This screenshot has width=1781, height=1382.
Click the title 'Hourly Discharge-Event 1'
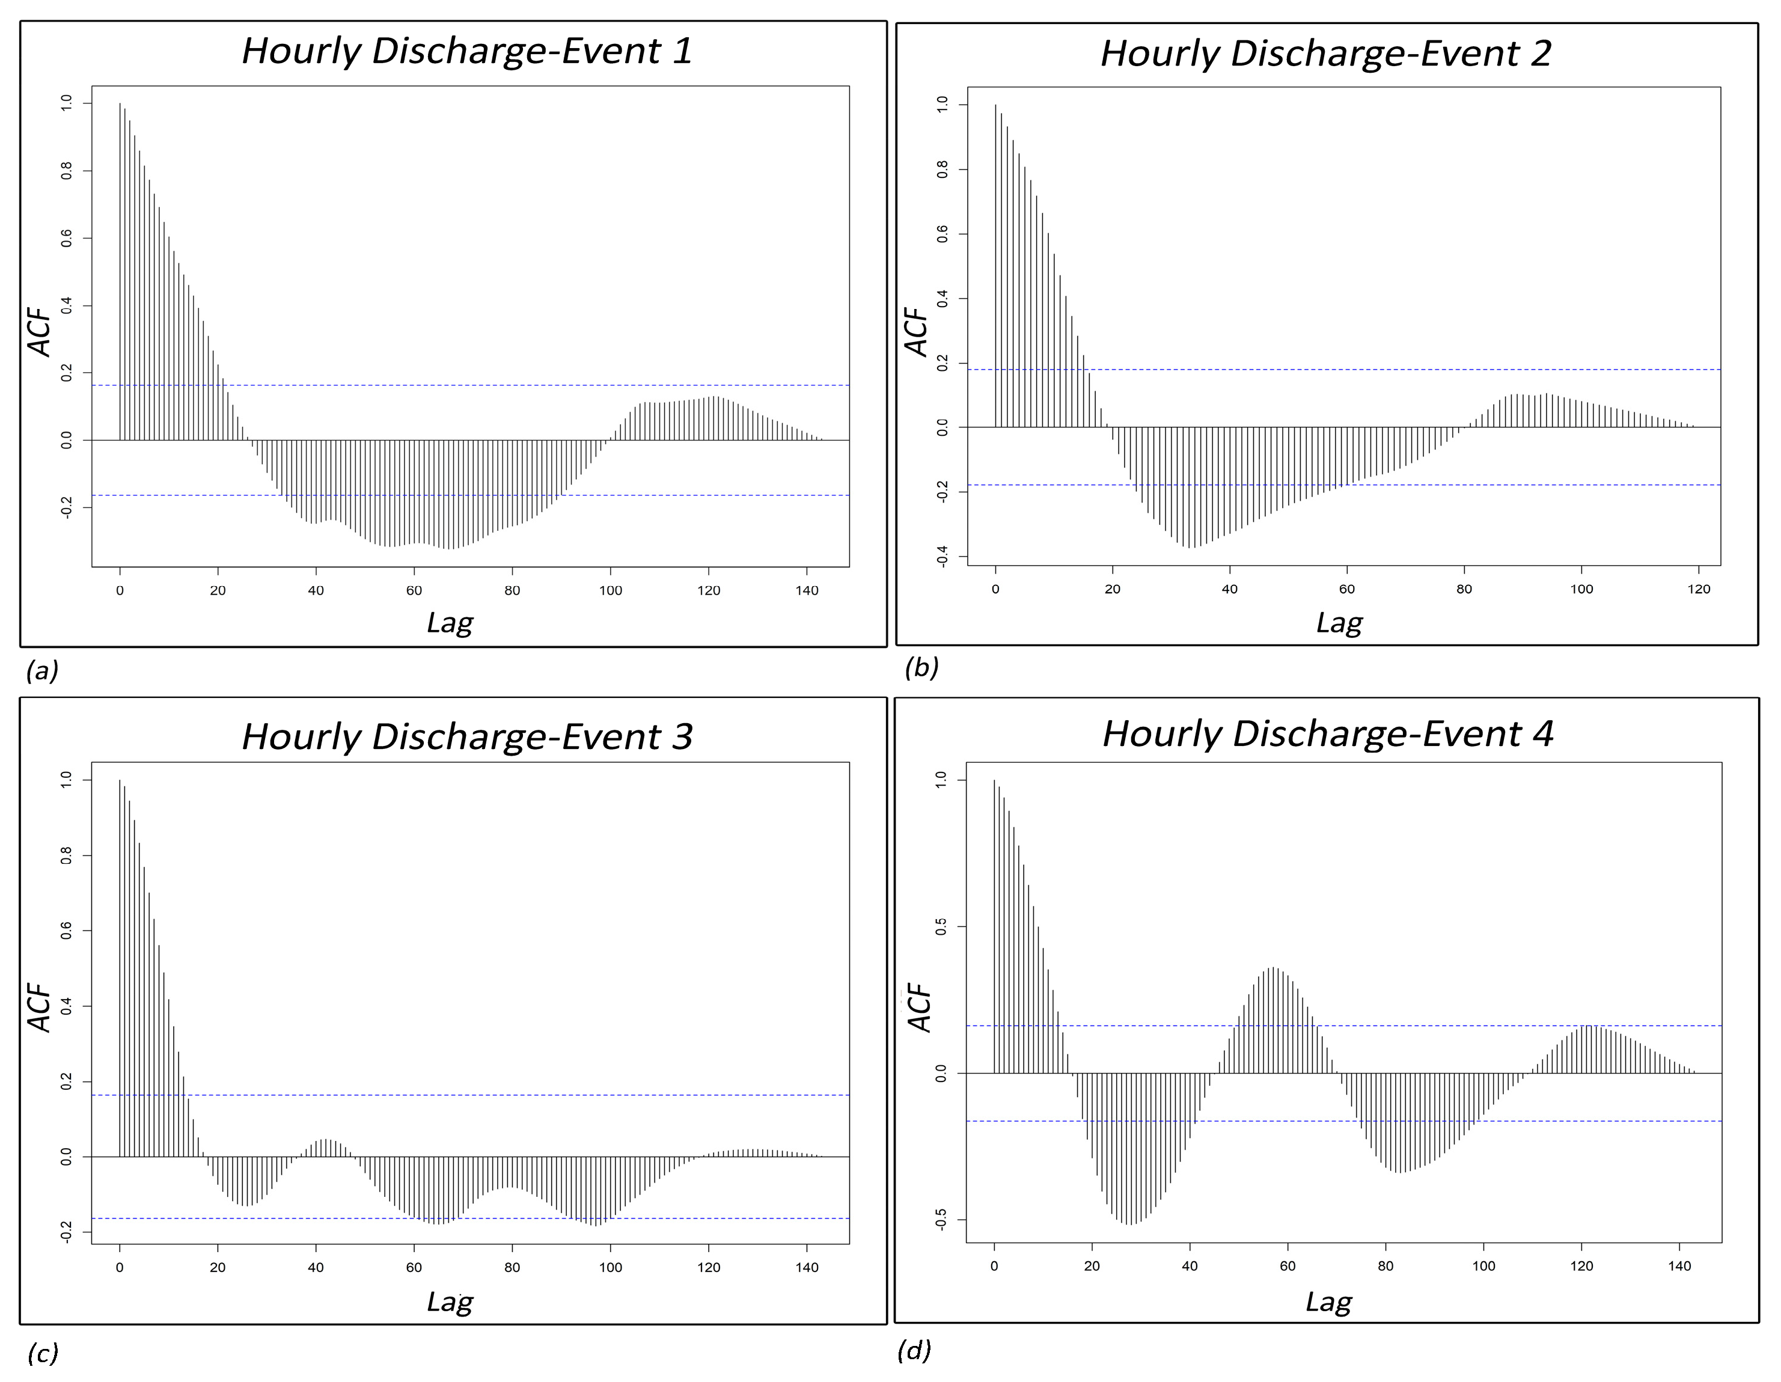click(466, 51)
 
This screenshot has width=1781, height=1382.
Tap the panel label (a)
click(43, 670)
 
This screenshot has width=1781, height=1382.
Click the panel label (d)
click(913, 1350)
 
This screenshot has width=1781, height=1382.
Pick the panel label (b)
click(921, 667)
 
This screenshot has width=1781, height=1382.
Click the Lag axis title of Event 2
click(1339, 623)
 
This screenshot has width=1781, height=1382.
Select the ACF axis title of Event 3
click(40, 1007)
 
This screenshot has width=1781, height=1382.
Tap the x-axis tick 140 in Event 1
click(807, 590)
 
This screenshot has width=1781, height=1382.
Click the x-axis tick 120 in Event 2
click(1699, 589)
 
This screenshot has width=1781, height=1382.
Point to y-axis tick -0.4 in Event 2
click(942, 557)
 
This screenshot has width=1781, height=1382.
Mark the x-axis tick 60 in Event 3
click(414, 1267)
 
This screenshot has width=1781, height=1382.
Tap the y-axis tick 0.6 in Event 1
click(66, 238)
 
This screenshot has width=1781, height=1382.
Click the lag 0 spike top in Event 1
click(120, 103)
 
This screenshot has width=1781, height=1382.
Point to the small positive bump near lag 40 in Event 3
click(325, 1140)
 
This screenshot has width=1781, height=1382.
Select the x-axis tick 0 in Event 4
click(994, 1265)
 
